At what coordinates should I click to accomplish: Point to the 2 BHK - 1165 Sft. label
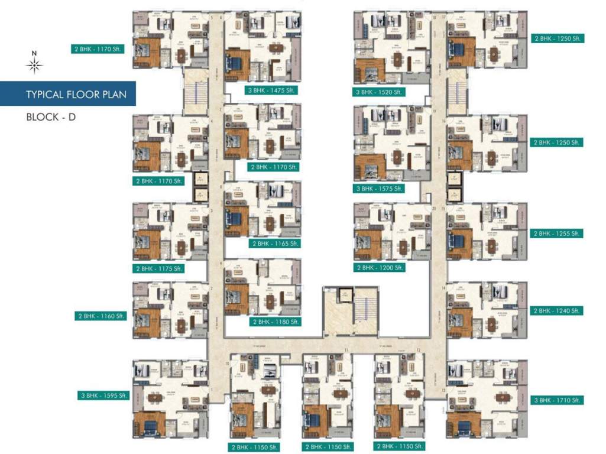pos(276,244)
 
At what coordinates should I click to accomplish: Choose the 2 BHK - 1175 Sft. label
pos(160,268)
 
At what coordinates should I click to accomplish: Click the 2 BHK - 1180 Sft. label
pos(276,322)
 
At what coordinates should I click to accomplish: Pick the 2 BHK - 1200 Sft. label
pos(380,268)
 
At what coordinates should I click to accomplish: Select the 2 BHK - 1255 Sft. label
pos(558,234)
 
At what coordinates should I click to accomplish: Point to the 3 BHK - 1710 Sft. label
pos(558,400)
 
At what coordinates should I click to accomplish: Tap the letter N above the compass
pos(35,54)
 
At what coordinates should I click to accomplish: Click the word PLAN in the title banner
pos(114,95)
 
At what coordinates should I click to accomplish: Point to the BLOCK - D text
pos(51,116)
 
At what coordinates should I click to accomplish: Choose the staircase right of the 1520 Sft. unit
pos(456,92)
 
